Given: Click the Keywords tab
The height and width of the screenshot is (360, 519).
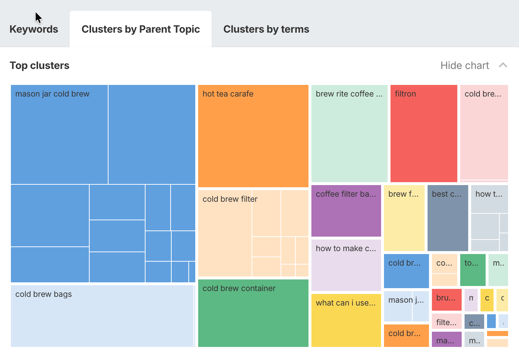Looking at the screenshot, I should point(34,29).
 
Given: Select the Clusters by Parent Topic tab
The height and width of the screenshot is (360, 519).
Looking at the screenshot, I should point(140,29).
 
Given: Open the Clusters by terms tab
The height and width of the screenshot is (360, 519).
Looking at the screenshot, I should point(266,29).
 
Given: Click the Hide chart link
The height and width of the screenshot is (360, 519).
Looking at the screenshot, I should point(465,65).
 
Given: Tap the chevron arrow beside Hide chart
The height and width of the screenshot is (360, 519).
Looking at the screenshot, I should point(503,65).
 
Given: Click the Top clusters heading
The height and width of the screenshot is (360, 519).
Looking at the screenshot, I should point(40,65).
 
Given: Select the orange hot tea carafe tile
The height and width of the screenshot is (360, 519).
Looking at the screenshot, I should point(253,136).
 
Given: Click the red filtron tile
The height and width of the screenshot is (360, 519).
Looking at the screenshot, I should point(424,134).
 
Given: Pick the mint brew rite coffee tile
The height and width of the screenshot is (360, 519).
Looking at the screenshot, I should point(349,134).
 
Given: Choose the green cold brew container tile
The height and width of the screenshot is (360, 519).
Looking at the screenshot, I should point(253,313).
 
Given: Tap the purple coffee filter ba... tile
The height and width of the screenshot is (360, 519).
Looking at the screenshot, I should point(346,211).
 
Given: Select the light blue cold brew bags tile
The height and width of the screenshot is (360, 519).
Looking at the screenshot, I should point(102,316).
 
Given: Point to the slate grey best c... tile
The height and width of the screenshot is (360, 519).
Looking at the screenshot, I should point(448,218).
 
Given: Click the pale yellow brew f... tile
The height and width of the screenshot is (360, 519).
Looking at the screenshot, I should point(404,218).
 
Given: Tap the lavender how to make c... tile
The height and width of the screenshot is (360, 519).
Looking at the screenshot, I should point(346,265).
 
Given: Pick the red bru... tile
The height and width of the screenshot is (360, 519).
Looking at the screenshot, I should point(446,300).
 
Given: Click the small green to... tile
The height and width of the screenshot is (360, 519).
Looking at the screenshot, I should point(473,270).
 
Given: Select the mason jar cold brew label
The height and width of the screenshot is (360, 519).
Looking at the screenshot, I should point(52,94).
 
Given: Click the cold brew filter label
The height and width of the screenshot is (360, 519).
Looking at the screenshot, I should point(230,199).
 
